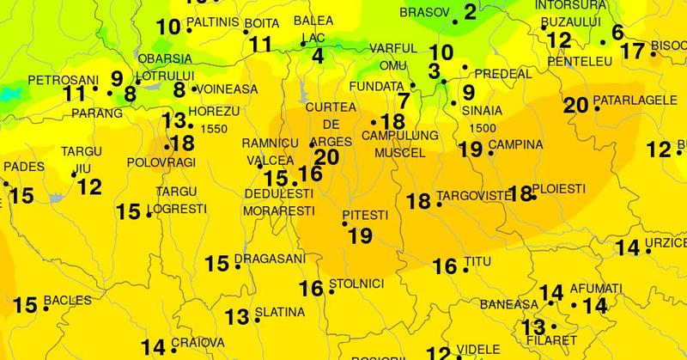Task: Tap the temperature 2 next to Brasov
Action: click(x=470, y=12)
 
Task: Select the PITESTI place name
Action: click(x=366, y=213)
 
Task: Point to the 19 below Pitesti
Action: click(x=361, y=234)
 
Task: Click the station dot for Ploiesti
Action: click(x=534, y=198)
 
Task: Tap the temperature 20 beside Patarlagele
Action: click(x=575, y=106)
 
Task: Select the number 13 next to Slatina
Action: click(x=237, y=317)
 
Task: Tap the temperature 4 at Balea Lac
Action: click(x=319, y=57)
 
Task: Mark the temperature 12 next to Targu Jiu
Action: click(x=89, y=186)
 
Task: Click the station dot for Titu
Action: click(x=465, y=271)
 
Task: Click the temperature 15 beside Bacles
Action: click(x=25, y=304)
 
